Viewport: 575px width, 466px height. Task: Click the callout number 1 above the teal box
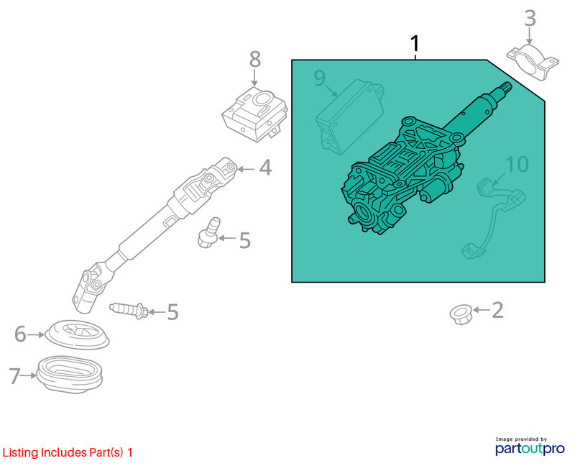415,44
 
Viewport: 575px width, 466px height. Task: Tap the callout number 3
530,19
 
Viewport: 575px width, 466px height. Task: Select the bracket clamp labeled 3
533,62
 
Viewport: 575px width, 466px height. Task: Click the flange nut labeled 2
460,314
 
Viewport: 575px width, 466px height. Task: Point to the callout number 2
497,310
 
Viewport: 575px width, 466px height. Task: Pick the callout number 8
255,59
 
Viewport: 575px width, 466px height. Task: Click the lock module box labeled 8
254,114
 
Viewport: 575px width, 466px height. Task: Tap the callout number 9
319,78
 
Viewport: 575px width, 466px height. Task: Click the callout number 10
517,164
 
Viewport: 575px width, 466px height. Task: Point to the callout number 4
265,168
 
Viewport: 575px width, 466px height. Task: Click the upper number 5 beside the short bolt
244,240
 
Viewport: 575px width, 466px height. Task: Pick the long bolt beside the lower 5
129,310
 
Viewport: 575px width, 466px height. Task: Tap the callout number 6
21,334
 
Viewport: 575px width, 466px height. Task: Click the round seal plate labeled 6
77,334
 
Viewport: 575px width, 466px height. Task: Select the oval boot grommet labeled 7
70,375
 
